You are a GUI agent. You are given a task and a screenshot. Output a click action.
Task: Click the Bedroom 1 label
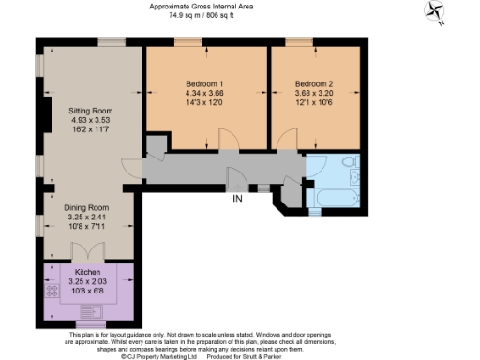[204, 83]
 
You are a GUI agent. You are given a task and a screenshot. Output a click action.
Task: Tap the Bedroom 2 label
[313, 83]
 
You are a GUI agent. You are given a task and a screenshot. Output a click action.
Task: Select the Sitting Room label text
[91, 111]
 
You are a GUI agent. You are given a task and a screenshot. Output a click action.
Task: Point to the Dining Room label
[86, 207]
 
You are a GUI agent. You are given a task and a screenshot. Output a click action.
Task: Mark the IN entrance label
[239, 198]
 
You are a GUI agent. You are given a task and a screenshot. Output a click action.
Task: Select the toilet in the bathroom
[349, 163]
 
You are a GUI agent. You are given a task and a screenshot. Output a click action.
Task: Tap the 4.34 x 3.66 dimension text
[204, 93]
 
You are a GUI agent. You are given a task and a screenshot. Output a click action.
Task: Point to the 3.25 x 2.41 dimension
[86, 217]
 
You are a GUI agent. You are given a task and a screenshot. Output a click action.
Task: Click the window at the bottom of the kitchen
[90, 324]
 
